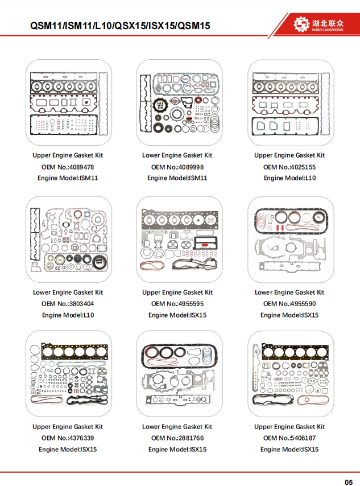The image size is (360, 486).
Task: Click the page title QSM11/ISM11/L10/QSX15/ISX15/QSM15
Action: pos(120,26)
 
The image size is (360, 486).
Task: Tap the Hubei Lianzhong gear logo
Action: pos(301,24)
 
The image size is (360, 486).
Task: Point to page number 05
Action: pos(349,482)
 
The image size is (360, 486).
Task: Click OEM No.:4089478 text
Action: pos(68,167)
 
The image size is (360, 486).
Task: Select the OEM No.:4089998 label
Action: pos(177,167)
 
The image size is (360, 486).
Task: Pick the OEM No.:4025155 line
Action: pos(289,167)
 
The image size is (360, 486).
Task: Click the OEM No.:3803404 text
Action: pos(68,304)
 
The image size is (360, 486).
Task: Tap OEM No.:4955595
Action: pos(177,304)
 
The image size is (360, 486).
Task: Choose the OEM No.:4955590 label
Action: pos(289,304)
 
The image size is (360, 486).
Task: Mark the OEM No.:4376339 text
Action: pos(68,438)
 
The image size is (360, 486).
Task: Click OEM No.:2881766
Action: pos(177,438)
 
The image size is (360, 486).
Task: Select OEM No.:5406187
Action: pos(289,438)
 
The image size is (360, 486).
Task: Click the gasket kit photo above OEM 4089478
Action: pos(69,102)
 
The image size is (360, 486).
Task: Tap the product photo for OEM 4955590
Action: pos(291,239)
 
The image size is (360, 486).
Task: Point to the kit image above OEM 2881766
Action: pos(179,373)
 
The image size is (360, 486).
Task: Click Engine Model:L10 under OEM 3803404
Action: pos(68,315)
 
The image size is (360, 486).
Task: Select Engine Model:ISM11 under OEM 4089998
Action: pos(177,178)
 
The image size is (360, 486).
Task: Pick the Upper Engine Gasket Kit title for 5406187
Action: pos(289,427)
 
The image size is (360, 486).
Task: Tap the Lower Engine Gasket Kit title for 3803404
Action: pos(68,293)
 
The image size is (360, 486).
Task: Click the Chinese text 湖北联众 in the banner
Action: pos(328,23)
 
